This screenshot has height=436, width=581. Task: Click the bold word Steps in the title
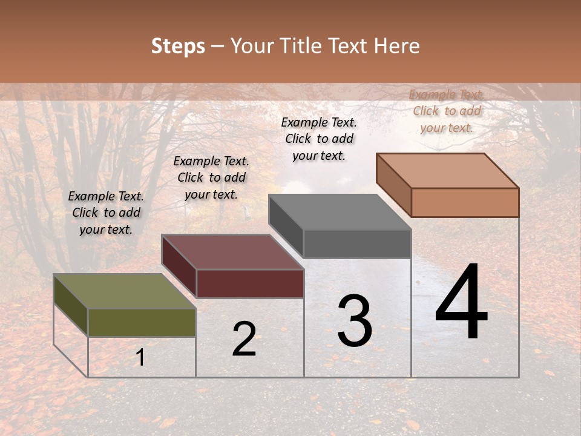point(178,46)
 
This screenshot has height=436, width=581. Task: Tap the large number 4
point(461,303)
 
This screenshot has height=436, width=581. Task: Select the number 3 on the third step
point(355,321)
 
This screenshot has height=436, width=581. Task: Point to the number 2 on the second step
point(244,339)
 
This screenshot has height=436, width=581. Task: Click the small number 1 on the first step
point(140,358)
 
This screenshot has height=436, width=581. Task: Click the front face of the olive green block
point(142,322)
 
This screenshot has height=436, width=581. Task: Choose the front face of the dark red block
point(250,283)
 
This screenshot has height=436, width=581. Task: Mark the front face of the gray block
point(357,244)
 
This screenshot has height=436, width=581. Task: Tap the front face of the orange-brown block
point(465,202)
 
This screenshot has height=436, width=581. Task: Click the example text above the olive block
point(106,213)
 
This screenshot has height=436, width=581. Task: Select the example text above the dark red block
point(211,177)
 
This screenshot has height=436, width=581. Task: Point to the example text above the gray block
point(319,139)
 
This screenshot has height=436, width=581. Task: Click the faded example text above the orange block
point(447,111)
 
